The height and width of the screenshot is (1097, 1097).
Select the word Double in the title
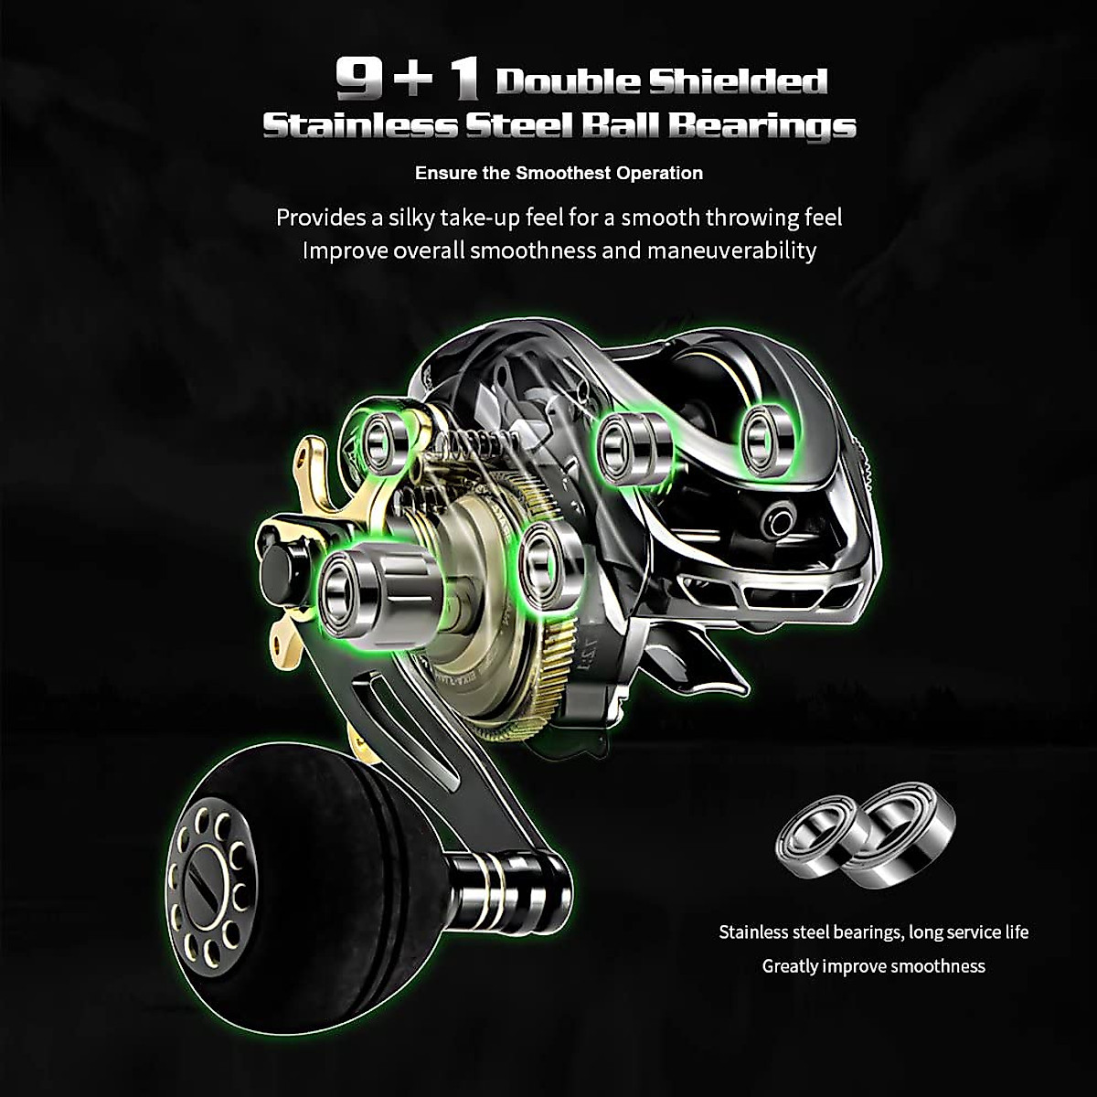pos(567,81)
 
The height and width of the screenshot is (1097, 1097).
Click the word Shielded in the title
pos(738,81)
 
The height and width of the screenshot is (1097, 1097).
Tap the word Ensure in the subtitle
pos(442,173)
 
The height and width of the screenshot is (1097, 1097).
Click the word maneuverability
pos(731,250)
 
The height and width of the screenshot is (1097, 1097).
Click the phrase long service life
pos(968,932)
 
